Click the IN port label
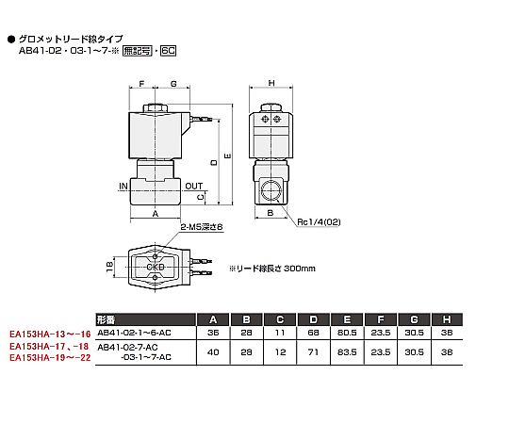[123, 187]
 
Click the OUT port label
[194, 187]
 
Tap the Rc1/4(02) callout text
[319, 222]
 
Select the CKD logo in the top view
[156, 267]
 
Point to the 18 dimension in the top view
[109, 267]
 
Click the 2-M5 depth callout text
[202, 227]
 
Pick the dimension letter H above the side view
[271, 83]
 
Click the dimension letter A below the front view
[156, 214]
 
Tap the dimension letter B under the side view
[271, 213]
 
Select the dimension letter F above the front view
[141, 84]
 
